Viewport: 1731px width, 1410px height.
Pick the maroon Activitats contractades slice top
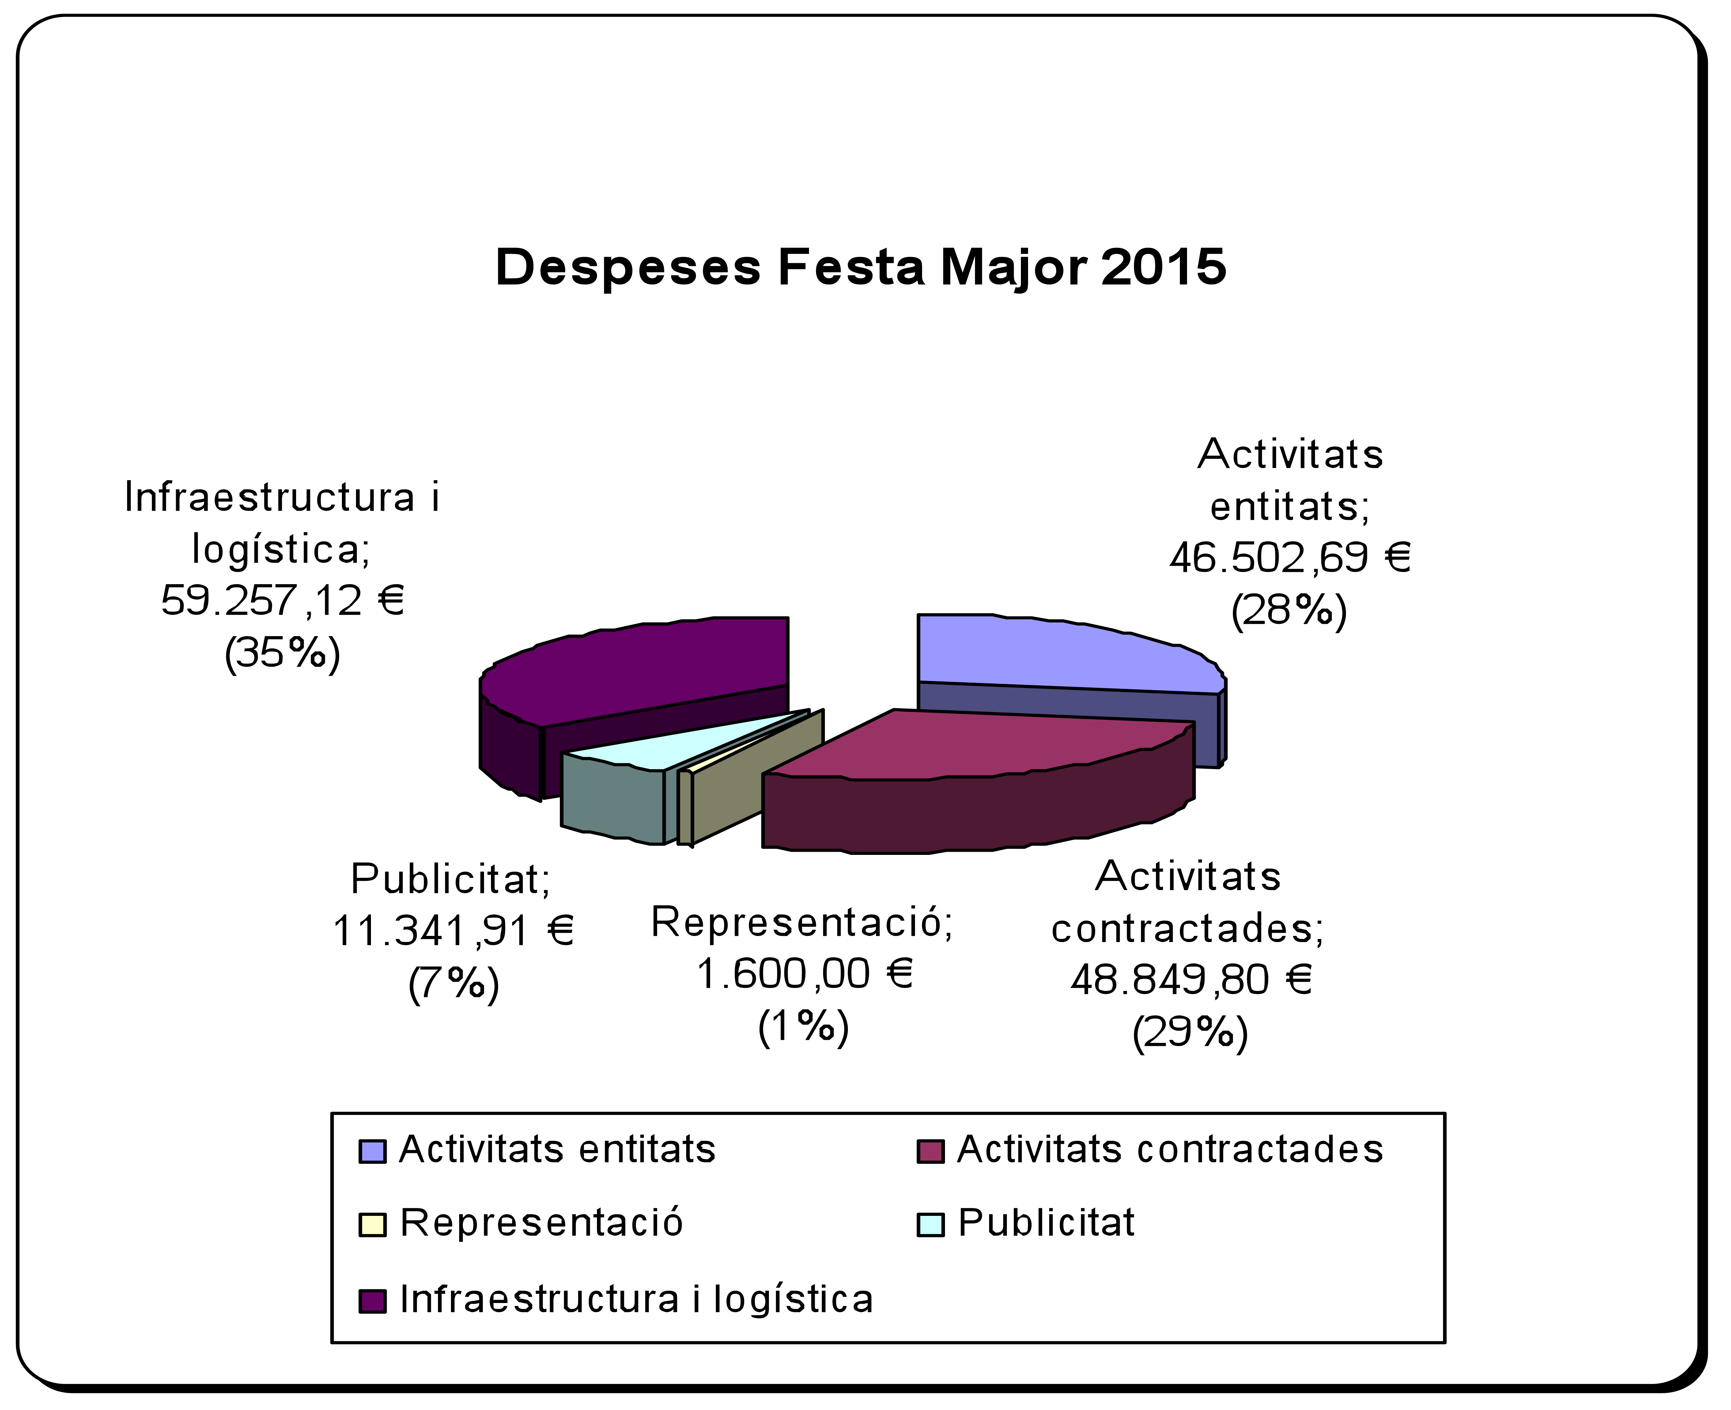pyautogui.click(x=975, y=743)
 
